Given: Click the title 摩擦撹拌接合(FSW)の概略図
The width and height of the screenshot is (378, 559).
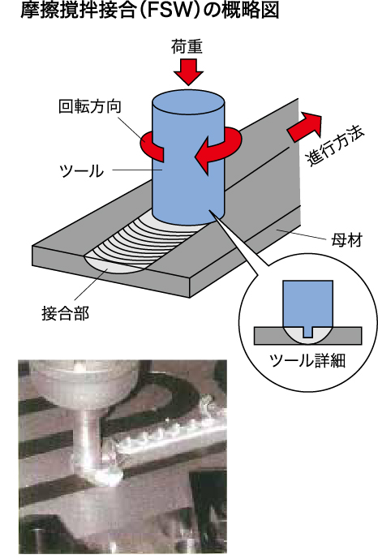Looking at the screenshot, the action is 149,11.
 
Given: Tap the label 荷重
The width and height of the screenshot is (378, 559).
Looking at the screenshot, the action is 187,47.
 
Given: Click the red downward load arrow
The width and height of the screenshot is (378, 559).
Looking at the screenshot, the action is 188,72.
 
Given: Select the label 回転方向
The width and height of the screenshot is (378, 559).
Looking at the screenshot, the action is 90,106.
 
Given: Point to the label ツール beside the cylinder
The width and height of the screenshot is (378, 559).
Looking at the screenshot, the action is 82,171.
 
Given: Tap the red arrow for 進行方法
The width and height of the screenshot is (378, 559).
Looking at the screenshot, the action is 305,127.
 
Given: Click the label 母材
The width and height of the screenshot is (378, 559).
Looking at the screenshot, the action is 346,240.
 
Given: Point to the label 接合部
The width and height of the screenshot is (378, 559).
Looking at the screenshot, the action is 65,313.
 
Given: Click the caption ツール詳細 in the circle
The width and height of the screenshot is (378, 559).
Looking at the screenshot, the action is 307,361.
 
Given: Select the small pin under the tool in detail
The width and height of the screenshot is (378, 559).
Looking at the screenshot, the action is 307,333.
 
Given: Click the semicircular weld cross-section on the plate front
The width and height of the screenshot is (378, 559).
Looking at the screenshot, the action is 114,265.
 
